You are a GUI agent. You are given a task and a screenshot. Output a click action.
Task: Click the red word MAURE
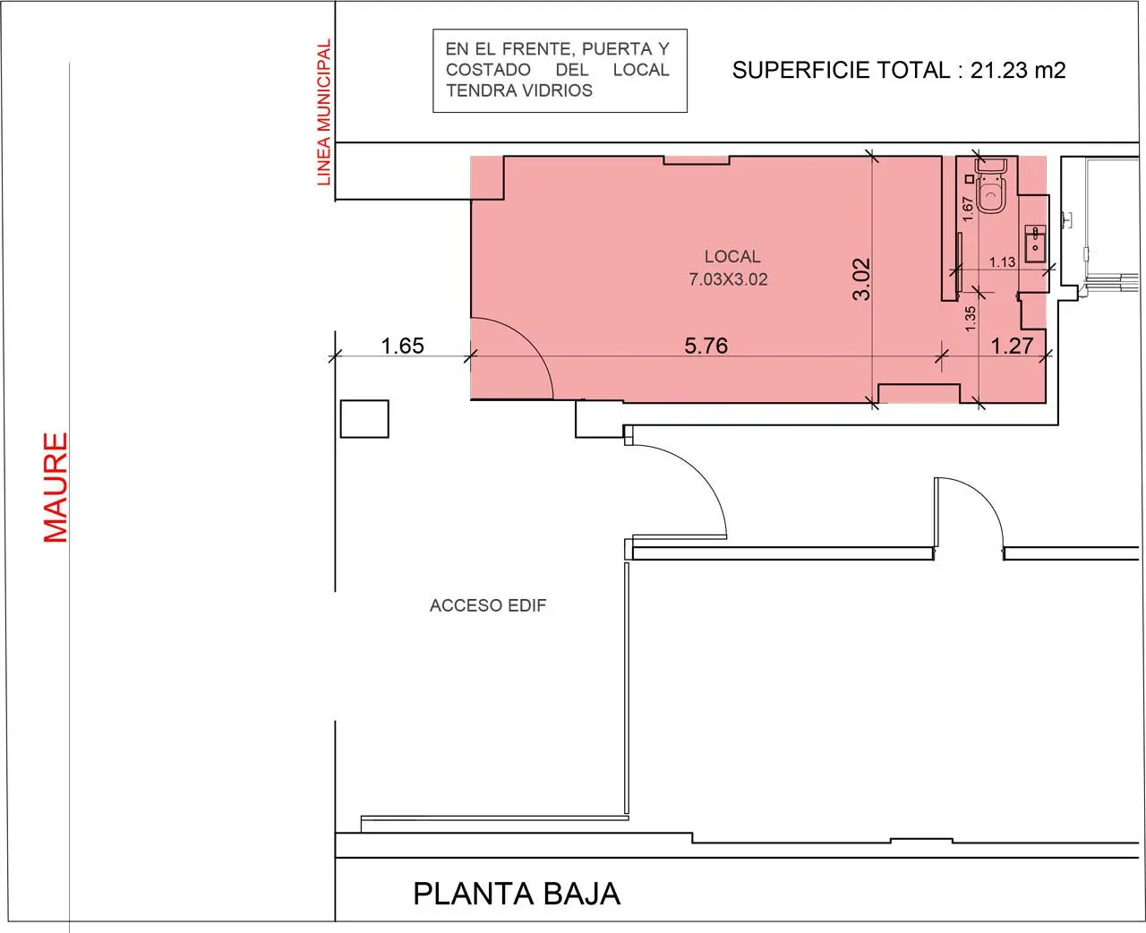(x=56, y=487)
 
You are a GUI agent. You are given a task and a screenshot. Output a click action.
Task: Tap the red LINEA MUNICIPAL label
(x=323, y=113)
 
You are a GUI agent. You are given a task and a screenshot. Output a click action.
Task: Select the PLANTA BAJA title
(x=517, y=894)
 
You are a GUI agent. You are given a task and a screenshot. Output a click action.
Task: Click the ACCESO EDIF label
(x=487, y=605)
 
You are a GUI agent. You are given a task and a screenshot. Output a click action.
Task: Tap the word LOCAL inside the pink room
(x=732, y=257)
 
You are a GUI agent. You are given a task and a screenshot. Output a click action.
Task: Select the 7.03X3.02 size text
(x=728, y=279)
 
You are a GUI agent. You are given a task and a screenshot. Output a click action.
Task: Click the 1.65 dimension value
(x=403, y=346)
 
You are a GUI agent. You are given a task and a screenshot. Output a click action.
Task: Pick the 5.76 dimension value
(x=706, y=346)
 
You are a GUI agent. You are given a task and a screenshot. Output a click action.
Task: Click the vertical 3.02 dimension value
(x=861, y=278)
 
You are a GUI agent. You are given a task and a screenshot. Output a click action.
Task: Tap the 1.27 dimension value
(x=1012, y=346)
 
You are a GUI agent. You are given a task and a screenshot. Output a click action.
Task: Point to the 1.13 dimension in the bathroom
(x=1003, y=262)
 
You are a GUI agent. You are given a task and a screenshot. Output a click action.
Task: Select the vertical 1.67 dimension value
(x=967, y=209)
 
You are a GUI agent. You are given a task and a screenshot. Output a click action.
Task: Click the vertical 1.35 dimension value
(x=970, y=319)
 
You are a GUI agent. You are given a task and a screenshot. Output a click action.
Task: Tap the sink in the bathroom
(x=1035, y=244)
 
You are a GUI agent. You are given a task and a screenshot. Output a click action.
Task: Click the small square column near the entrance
(x=364, y=419)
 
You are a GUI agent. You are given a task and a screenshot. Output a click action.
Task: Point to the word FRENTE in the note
(x=539, y=49)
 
